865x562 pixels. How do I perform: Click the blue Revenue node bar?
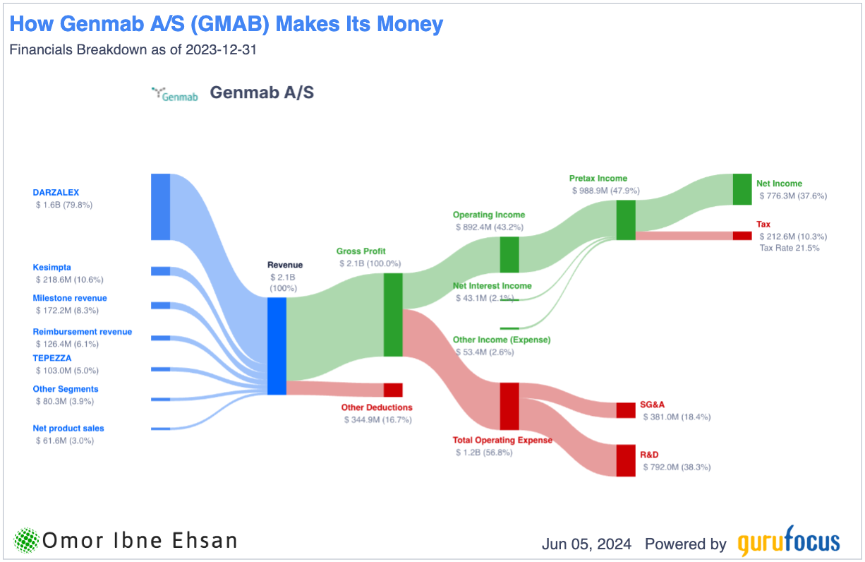tap(277, 346)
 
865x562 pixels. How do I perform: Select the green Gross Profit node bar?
tap(393, 315)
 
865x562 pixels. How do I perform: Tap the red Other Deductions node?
tap(393, 390)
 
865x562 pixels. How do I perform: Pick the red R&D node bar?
tap(626, 460)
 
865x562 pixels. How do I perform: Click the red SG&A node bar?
tap(626, 410)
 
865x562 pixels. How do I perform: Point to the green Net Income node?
tap(742, 189)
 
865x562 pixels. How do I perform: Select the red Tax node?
tap(742, 236)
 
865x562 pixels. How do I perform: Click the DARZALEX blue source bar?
tap(161, 207)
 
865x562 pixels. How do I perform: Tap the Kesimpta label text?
tap(52, 268)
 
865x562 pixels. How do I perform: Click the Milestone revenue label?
tap(70, 298)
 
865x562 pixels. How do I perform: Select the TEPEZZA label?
tap(52, 358)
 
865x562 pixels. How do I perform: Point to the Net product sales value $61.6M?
tap(65, 441)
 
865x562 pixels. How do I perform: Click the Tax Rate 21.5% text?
tap(790, 248)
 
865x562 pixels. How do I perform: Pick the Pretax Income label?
tap(598, 178)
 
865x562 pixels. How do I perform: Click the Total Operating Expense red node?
tap(509, 406)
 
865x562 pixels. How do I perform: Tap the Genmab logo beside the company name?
tap(175, 94)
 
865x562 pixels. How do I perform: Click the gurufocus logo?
tap(789, 541)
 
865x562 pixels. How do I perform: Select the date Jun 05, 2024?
tap(586, 544)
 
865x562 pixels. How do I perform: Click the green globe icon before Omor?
tap(26, 540)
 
